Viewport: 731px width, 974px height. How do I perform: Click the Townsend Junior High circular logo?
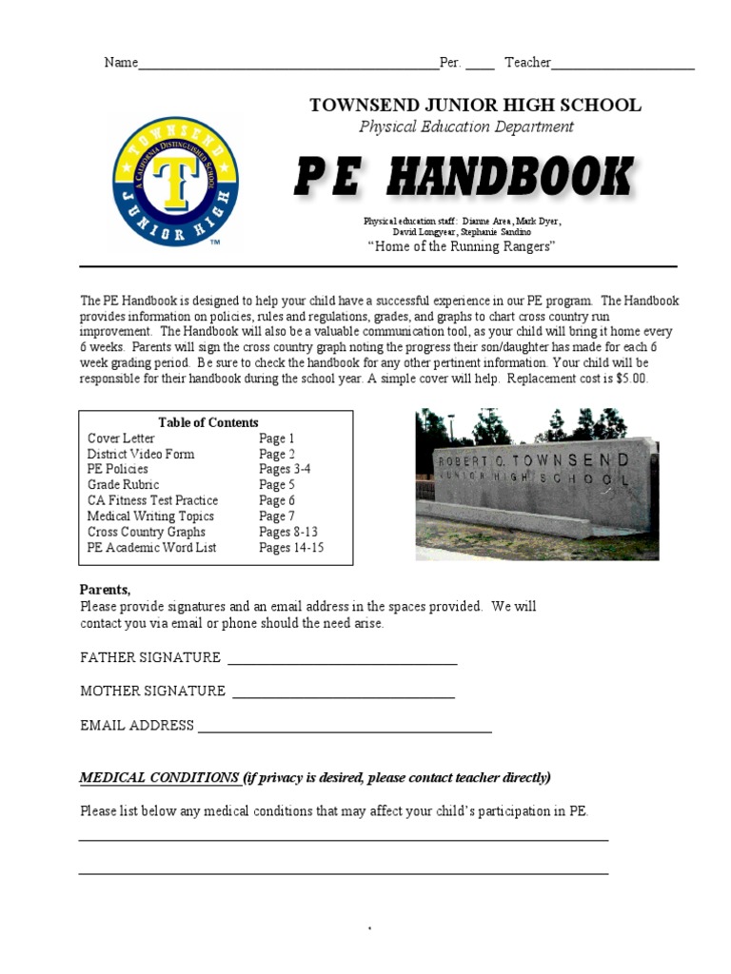click(175, 182)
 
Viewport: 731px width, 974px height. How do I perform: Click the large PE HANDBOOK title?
click(463, 178)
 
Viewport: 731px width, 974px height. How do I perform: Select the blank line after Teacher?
click(622, 65)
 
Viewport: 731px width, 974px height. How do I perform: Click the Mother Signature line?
click(343, 694)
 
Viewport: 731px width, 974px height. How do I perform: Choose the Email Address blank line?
click(344, 729)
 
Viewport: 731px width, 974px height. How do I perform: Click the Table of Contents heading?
click(208, 422)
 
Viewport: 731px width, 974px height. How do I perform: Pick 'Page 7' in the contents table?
click(277, 516)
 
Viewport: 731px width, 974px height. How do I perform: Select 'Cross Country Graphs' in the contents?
click(146, 532)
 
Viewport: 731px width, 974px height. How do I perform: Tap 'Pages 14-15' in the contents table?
click(291, 548)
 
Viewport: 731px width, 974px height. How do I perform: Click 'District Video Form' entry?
click(141, 454)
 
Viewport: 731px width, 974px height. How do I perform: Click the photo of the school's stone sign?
click(537, 484)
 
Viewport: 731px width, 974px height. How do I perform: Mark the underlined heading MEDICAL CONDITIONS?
click(159, 778)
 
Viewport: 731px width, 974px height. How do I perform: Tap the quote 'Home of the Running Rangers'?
click(462, 247)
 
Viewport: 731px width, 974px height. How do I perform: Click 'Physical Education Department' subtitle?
click(466, 127)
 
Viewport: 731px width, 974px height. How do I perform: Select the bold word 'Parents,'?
click(105, 590)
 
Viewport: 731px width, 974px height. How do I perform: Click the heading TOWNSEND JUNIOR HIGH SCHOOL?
click(475, 106)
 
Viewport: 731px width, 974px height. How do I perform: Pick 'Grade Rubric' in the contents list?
click(124, 485)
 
